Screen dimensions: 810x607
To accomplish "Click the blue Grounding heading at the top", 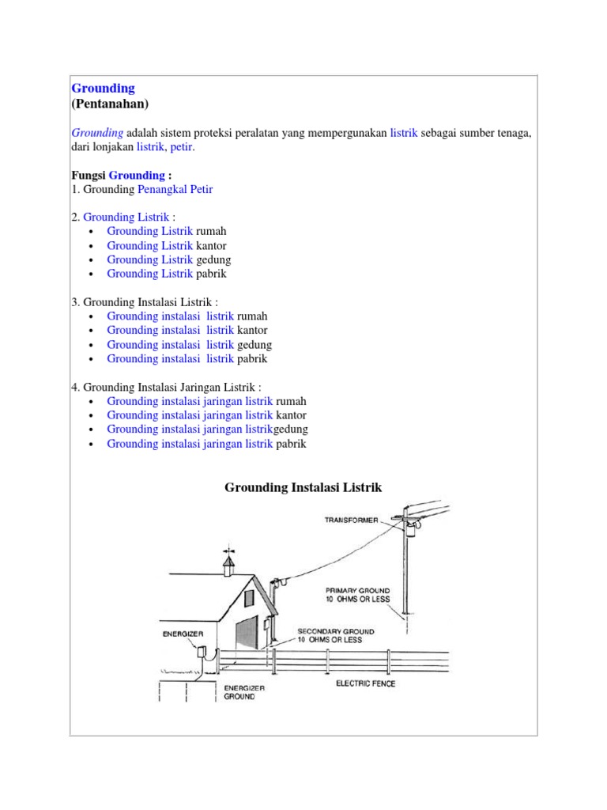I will tap(104, 88).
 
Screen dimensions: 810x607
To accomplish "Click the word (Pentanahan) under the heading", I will tap(110, 104).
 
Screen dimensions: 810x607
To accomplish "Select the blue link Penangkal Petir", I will tap(175, 189).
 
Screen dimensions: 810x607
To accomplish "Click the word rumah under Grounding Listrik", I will tap(211, 231).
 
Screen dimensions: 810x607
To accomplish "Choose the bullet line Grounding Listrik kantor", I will tap(167, 245).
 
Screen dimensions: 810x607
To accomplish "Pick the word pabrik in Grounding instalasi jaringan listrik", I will tap(290, 444).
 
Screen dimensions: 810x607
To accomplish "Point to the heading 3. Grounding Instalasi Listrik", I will tap(145, 301).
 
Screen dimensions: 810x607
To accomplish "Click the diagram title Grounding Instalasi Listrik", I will tap(303, 488).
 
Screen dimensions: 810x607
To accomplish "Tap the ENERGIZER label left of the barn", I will tap(183, 634).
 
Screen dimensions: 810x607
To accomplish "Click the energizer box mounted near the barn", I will tap(202, 653).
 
